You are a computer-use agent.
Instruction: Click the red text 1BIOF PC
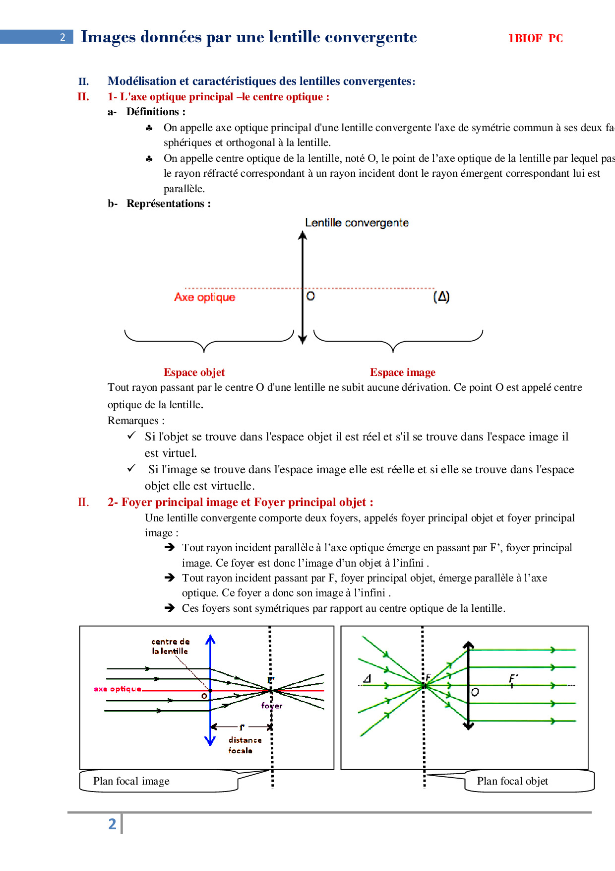(535, 38)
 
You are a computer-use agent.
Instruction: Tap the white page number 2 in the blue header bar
(62, 37)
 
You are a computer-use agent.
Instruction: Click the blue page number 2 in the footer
(113, 824)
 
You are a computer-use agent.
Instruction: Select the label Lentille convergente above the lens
(357, 222)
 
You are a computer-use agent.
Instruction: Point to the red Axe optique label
(204, 297)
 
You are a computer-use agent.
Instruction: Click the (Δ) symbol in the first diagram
(441, 296)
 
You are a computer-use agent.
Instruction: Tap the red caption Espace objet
(194, 372)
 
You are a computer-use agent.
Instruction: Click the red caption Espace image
(402, 372)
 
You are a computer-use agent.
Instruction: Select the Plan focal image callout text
(131, 781)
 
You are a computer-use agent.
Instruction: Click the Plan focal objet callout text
(512, 781)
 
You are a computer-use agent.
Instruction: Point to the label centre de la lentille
(170, 646)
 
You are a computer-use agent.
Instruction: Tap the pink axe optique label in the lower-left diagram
(118, 689)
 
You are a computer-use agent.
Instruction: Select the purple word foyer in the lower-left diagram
(272, 706)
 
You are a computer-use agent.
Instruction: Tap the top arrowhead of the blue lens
(210, 640)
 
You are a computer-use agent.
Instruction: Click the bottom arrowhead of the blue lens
(210, 740)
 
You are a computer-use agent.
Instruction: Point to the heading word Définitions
(155, 112)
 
